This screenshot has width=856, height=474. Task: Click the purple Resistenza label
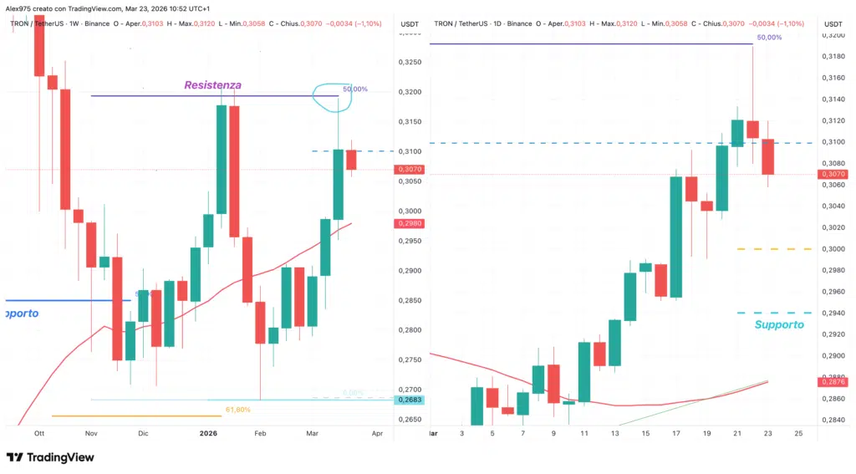tap(213, 85)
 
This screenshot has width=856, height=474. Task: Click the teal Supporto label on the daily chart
tap(779, 324)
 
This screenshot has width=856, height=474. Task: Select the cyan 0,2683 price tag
tap(410, 400)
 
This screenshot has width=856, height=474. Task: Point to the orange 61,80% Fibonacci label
tap(237, 410)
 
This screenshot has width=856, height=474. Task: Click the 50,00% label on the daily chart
tap(769, 38)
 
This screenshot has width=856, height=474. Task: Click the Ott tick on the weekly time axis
tap(38, 434)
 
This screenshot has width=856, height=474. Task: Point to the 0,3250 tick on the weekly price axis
tap(410, 62)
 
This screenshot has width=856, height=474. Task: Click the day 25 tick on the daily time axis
tap(798, 434)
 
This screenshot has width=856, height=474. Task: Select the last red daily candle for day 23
tap(768, 157)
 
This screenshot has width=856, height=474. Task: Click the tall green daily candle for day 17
tap(676, 237)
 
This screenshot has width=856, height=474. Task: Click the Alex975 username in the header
tap(20, 8)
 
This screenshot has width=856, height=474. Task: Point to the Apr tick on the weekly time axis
tap(377, 434)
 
